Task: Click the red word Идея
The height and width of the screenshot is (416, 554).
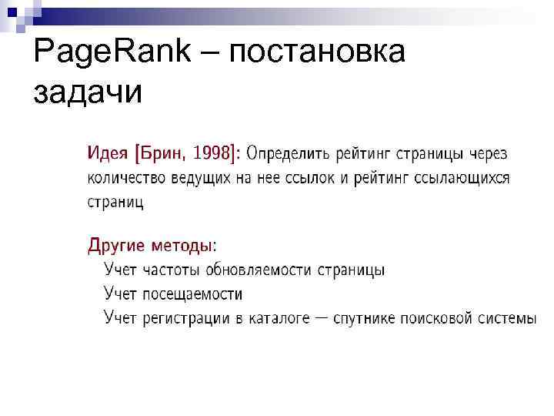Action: point(107,153)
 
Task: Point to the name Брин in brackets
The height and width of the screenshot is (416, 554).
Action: point(163,153)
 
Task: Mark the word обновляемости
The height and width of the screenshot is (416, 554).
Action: point(259,271)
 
